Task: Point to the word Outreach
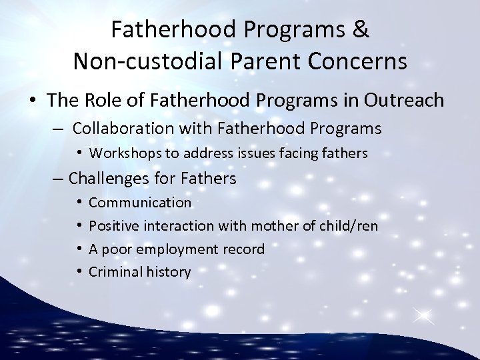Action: pyautogui.click(x=407, y=100)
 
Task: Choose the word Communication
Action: pyautogui.click(x=140, y=202)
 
